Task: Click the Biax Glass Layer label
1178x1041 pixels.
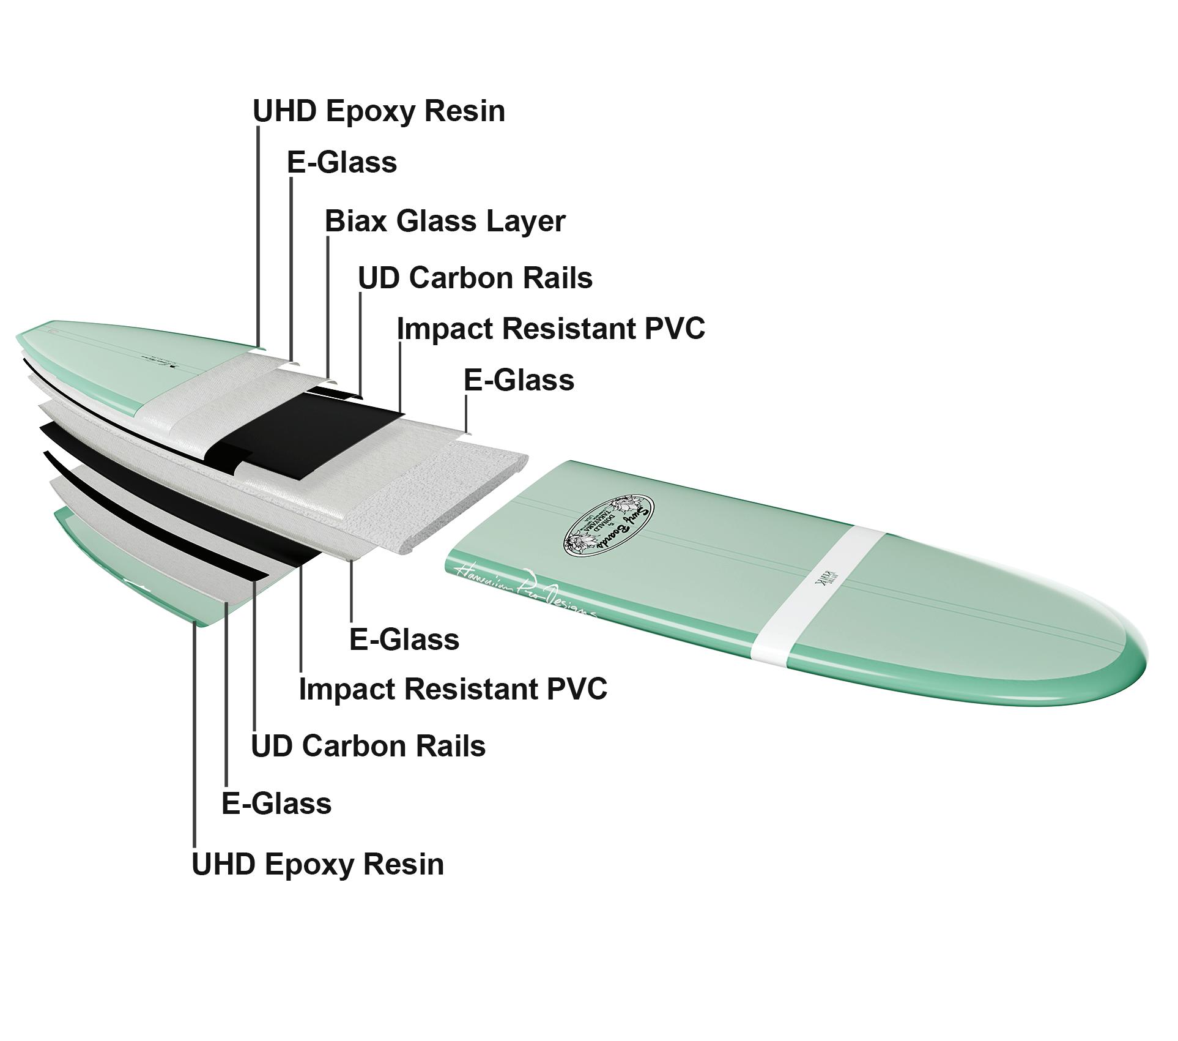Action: tap(445, 221)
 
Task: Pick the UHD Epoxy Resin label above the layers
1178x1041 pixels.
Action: tap(379, 111)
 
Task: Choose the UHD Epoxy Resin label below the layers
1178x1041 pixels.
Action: tap(318, 864)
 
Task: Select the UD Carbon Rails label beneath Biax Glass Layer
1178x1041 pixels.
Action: tap(475, 278)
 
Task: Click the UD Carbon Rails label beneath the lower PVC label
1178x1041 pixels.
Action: tap(368, 746)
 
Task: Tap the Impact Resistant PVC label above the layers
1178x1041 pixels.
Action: tap(550, 329)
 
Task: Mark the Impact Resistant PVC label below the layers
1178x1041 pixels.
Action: tap(453, 688)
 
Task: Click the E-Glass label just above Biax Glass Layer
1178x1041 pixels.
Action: tap(342, 163)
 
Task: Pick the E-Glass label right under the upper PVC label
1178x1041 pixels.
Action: tap(519, 380)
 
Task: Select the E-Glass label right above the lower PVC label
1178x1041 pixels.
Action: tap(404, 640)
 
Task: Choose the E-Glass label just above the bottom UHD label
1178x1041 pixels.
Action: tap(276, 803)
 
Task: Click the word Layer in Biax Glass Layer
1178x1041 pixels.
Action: tap(525, 221)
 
